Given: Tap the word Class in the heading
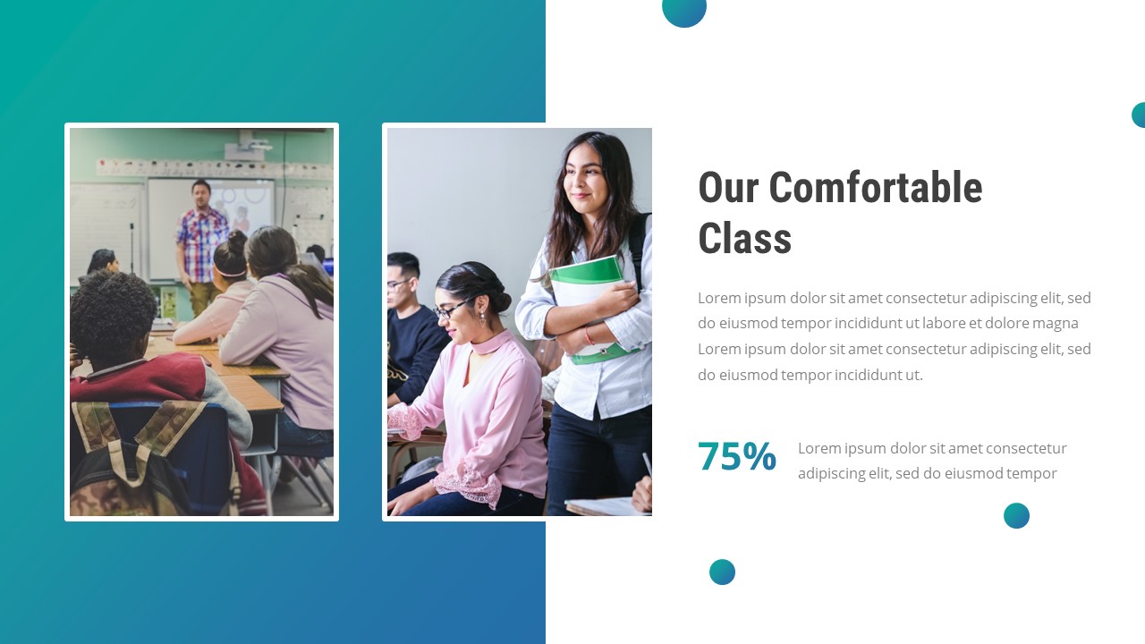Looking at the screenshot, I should (744, 240).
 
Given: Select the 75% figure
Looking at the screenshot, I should (736, 456).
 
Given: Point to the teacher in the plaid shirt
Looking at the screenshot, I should (201, 237).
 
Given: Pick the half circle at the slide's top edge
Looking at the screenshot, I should (684, 11).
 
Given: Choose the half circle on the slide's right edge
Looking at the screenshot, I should (1139, 114).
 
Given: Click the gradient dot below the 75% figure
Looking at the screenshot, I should (722, 572).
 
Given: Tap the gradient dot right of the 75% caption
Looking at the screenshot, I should (1016, 515).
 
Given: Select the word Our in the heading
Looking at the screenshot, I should (727, 188).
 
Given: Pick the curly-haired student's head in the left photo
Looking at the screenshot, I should (113, 313).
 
